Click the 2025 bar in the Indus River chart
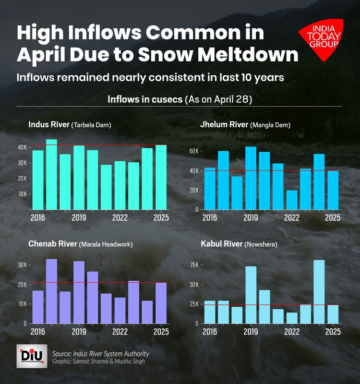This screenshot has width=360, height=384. [161, 177]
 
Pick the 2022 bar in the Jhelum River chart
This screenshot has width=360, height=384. [292, 200]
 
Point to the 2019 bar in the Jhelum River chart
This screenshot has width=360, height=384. [251, 178]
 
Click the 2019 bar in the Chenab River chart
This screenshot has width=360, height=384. [79, 292]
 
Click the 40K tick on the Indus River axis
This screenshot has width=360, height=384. [22, 147]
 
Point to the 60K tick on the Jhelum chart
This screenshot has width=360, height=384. [193, 151]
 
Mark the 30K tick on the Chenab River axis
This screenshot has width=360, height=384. [22, 265]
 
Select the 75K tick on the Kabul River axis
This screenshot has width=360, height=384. [193, 265]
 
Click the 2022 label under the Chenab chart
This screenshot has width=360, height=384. [120, 332]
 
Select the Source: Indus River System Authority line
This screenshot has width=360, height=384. [101, 354]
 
